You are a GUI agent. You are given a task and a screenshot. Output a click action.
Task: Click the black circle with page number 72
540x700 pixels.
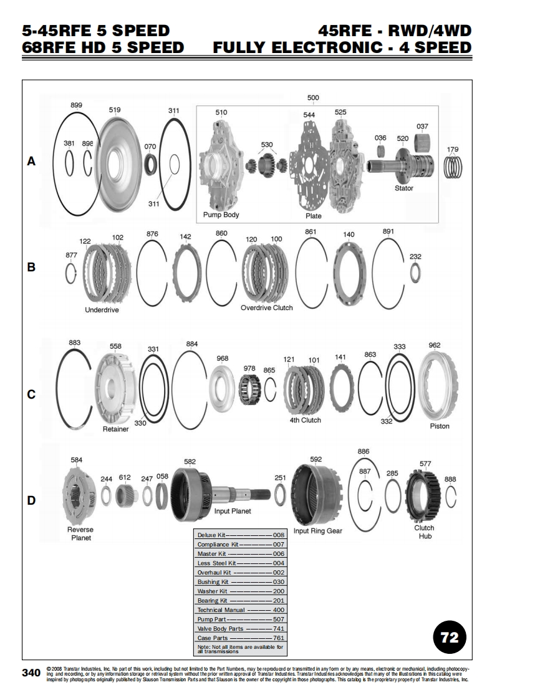[450, 637]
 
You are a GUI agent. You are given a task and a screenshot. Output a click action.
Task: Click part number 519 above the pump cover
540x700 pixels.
[115, 110]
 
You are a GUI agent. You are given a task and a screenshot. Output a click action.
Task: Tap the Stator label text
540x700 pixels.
[403, 188]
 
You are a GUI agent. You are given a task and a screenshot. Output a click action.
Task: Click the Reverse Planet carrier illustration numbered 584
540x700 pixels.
[79, 495]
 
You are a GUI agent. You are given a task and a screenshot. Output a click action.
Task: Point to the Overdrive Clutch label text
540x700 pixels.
[266, 308]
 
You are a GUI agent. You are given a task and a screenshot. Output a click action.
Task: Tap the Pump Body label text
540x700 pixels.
[221, 215]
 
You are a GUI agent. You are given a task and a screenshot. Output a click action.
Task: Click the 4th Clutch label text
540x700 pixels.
[305, 420]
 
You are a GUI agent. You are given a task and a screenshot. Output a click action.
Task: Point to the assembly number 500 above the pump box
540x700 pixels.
[313, 98]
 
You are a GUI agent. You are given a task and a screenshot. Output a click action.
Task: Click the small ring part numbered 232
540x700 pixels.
[415, 271]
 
